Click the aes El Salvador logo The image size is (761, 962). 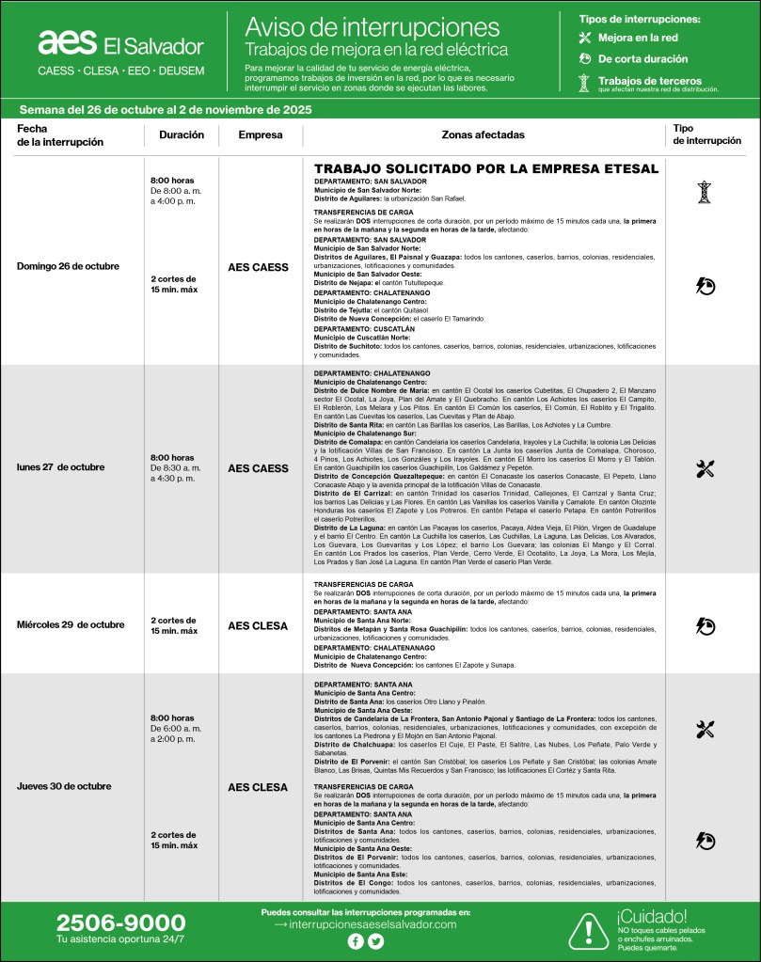(120, 44)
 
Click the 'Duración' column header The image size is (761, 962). (182, 134)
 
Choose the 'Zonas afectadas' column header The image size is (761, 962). (484, 134)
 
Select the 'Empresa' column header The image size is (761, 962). (261, 134)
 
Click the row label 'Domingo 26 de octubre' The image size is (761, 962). (68, 266)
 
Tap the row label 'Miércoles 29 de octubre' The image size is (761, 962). (71, 624)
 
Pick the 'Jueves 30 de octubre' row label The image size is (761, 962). (64, 786)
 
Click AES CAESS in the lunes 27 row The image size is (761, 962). (259, 468)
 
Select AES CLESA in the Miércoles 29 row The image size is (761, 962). (259, 624)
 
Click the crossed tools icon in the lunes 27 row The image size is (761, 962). (706, 468)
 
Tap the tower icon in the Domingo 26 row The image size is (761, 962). (705, 192)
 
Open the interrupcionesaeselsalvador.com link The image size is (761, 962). (366, 924)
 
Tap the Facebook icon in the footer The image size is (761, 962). (355, 941)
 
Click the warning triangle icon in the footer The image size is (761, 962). (588, 930)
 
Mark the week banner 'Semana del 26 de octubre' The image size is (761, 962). (165, 109)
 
